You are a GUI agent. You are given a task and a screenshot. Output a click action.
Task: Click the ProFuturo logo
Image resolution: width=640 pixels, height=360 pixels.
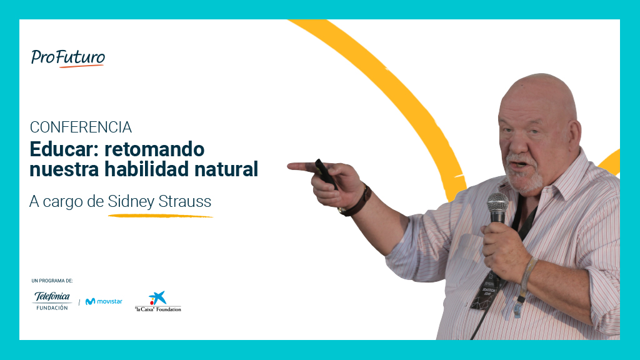pos(67,58)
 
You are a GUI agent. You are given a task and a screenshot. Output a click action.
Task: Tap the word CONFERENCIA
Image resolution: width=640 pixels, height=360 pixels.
pos(81,127)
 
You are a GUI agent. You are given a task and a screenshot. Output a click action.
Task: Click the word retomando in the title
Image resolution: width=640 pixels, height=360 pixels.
pos(154,149)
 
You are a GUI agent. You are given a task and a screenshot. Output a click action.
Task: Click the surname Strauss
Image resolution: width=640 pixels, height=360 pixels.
pos(185,201)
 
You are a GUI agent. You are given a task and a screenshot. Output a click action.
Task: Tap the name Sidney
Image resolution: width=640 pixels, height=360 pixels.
pos(131,202)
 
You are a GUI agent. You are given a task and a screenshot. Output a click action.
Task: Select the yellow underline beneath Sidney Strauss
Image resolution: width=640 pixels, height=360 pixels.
pos(161,216)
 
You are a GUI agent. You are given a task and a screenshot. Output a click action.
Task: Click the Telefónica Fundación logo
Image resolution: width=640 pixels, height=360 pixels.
pos(52,301)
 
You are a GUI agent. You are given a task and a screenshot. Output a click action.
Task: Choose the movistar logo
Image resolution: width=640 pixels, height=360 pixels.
pos(104,301)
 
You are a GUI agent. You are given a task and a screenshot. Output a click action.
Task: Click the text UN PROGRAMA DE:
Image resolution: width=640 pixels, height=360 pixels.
pos(52,281)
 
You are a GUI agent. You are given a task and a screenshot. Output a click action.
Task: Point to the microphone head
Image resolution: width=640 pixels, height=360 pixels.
pos(497,203)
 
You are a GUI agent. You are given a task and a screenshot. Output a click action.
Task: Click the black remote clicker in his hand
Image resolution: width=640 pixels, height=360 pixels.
pos(326,174)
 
